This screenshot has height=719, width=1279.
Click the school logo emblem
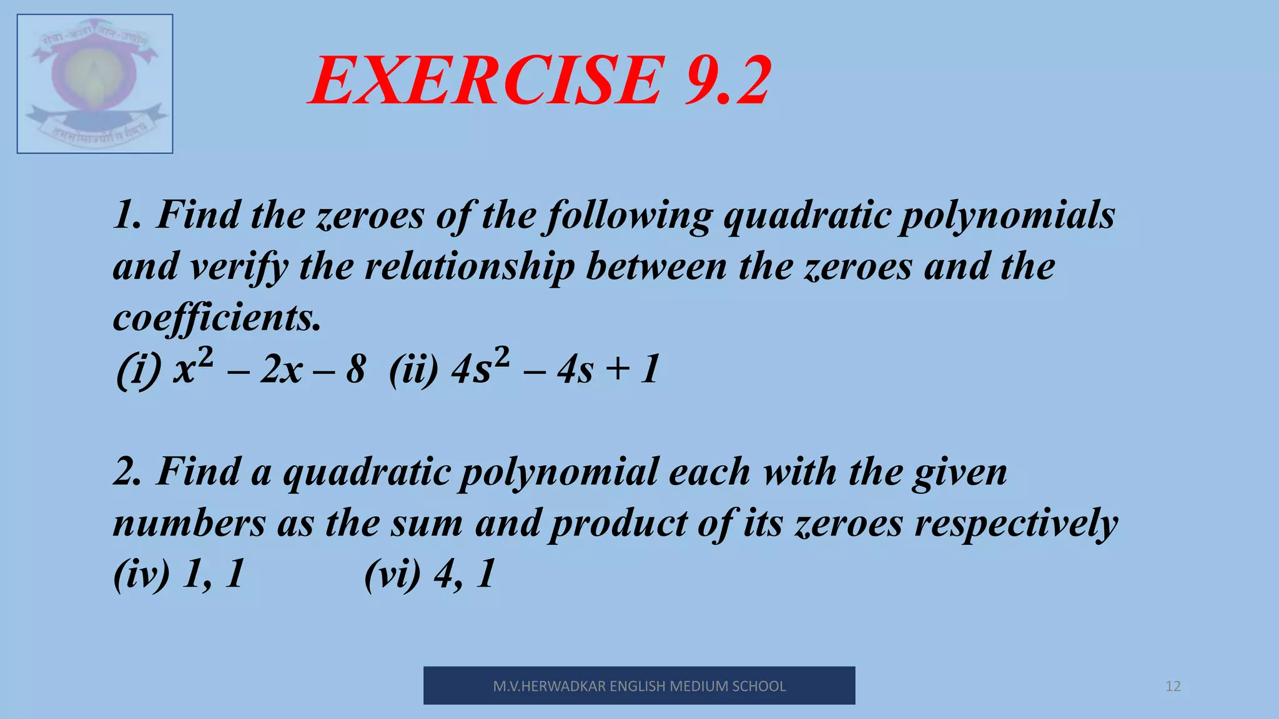point(95,84)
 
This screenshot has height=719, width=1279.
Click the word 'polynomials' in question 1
point(1007,216)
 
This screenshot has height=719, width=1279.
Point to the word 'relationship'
point(469,267)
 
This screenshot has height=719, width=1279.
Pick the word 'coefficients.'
point(217,318)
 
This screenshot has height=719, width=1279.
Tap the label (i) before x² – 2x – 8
point(139,369)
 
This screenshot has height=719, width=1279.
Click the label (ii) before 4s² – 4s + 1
point(413,369)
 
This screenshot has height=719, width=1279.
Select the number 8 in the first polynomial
point(355,369)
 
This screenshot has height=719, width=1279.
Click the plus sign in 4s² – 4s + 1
point(617,368)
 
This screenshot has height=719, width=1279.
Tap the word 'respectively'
point(1016,523)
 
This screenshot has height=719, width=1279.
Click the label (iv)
point(142,574)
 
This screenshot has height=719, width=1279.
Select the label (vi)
point(392,574)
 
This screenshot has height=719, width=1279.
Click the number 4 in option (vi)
point(445,574)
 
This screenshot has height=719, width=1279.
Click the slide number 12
point(1173,687)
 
